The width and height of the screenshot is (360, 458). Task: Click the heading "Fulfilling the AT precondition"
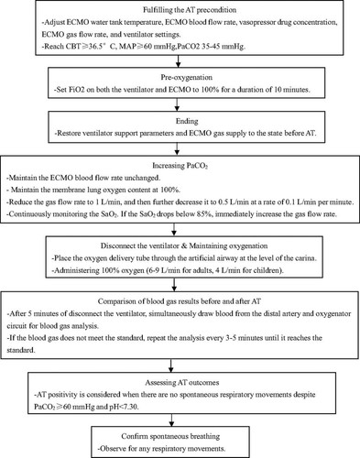190,10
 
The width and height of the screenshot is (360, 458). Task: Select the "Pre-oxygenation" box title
187,77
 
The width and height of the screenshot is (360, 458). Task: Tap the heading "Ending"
187,121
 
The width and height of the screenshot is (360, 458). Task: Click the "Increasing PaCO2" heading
180,166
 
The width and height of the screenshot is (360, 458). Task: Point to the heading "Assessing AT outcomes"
182,382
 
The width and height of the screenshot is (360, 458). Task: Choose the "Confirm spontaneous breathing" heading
170,436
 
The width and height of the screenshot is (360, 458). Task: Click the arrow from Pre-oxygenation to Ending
177,104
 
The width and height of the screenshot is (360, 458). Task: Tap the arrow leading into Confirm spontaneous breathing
171,420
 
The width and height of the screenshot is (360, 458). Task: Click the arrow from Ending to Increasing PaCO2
177,149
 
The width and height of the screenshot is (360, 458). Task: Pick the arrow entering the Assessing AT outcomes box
170,365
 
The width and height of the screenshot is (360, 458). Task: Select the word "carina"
305,258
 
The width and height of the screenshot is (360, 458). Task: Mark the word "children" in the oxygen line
267,270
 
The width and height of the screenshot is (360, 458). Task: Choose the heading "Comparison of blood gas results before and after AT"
180,301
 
